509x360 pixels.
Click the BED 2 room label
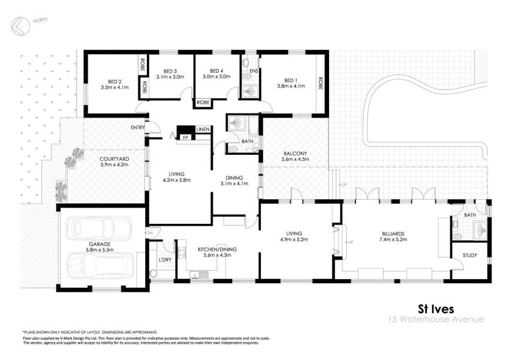115,81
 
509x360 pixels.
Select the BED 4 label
216,70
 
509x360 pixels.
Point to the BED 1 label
291,80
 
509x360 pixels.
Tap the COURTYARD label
114,159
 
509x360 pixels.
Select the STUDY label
469,256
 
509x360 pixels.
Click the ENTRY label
138,127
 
